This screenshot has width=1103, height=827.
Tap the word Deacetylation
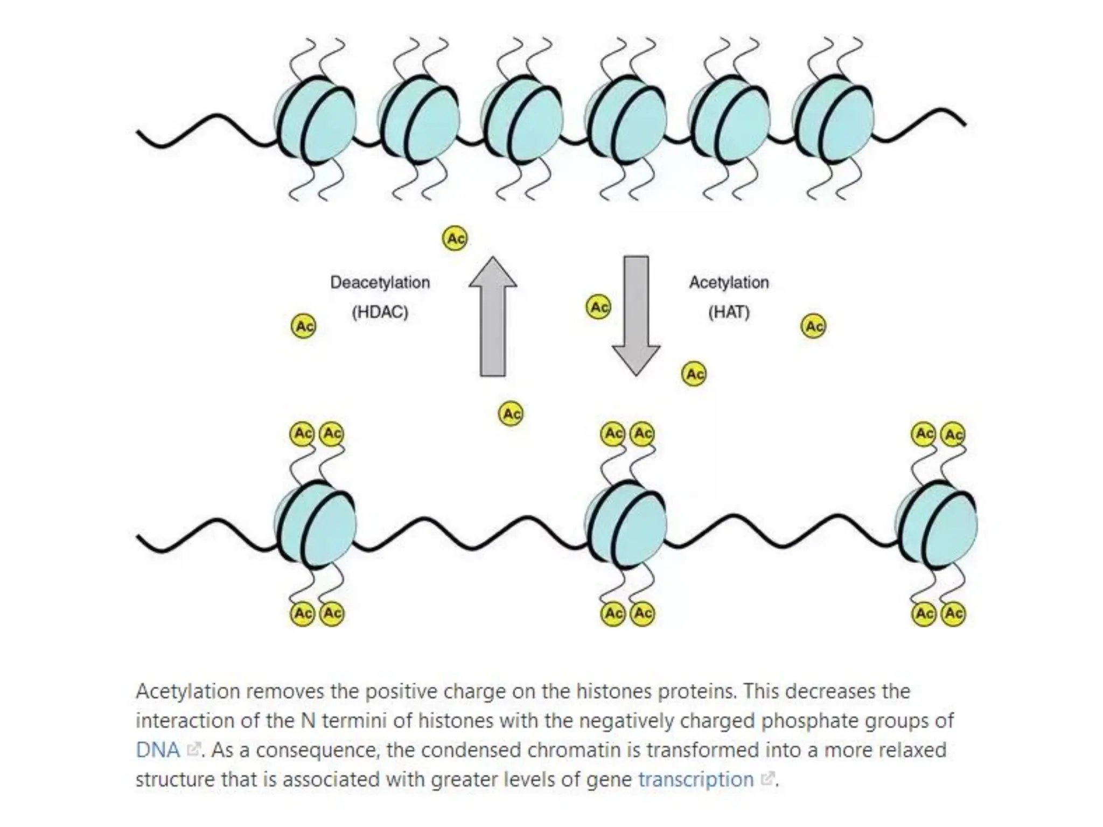(380, 282)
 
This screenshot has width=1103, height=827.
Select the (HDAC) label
(380, 312)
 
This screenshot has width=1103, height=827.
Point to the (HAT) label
(729, 312)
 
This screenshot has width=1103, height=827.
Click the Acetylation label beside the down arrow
(729, 282)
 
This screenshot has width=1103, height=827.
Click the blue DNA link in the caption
(158, 750)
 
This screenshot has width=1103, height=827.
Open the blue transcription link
(696, 779)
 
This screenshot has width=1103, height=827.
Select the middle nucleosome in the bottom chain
(626, 525)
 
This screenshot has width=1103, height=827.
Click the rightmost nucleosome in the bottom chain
(938, 525)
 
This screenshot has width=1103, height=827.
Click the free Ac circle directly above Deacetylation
(455, 238)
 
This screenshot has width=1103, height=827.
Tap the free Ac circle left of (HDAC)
(303, 326)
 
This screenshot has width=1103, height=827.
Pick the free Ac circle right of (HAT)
(813, 326)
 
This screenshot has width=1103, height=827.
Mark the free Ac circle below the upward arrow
(511, 413)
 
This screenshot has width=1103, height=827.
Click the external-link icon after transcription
(767, 779)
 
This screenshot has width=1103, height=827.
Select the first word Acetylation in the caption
(187, 691)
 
